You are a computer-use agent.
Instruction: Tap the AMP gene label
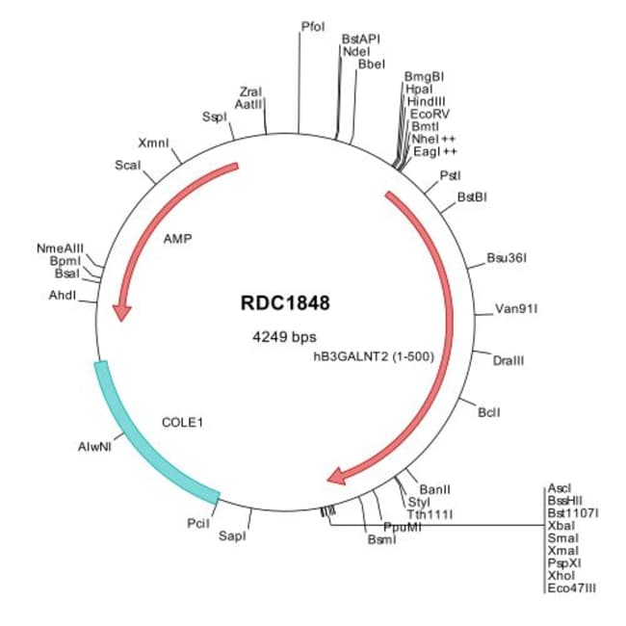point(178,238)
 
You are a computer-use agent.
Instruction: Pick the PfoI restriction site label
point(313,25)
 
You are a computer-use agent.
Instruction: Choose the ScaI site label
point(128,166)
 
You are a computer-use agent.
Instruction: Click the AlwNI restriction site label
point(94,447)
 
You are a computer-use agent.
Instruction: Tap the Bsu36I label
point(507,258)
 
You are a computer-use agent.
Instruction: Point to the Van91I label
point(516,309)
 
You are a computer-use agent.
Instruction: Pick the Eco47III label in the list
point(572,587)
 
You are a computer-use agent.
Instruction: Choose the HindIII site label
point(425,100)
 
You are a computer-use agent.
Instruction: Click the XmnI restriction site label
point(154,143)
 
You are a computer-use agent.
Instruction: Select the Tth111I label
point(430,514)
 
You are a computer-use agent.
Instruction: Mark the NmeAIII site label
point(61,248)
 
